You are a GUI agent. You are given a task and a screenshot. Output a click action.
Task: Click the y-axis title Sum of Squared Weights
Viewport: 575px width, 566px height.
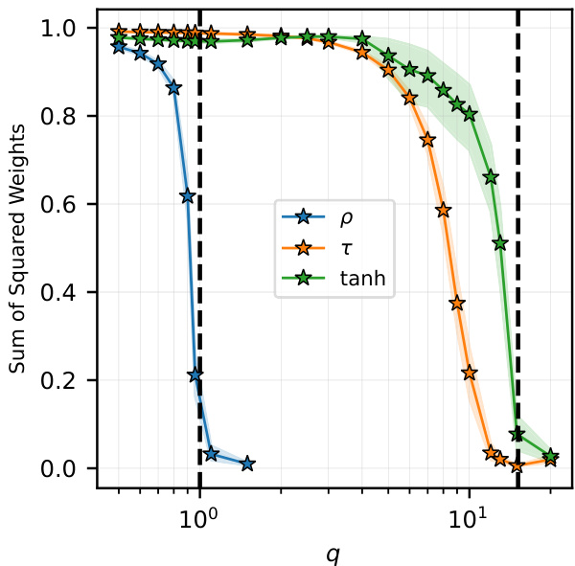tap(16, 248)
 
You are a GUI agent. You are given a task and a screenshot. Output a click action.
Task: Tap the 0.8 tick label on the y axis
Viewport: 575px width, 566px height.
tap(69, 117)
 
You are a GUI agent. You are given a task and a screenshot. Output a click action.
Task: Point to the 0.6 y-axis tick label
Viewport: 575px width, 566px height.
tap(69, 205)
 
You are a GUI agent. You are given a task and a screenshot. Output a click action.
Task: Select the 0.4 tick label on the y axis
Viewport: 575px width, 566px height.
tap(69, 292)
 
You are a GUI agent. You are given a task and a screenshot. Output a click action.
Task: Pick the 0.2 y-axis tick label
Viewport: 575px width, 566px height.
tap(69, 380)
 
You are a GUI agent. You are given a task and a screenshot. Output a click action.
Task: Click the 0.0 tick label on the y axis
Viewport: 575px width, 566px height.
tap(69, 468)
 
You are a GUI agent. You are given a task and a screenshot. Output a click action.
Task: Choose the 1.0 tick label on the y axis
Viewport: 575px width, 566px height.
tap(69, 29)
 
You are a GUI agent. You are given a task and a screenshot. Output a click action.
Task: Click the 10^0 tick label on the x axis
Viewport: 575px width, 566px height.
tap(199, 508)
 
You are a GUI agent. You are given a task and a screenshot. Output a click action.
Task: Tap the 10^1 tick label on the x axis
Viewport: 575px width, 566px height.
tap(469, 508)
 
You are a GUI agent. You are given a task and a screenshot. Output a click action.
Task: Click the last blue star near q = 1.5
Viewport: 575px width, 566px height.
tap(247, 464)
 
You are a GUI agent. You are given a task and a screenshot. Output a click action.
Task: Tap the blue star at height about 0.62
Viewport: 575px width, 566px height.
tap(188, 196)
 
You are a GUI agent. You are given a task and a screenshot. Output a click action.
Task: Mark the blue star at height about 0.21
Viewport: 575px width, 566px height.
tap(195, 375)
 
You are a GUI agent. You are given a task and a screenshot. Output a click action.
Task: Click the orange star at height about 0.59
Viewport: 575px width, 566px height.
tap(443, 210)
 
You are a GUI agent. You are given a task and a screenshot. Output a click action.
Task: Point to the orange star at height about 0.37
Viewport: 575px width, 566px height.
tap(457, 304)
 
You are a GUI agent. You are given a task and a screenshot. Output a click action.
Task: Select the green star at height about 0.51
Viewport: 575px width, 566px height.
tap(499, 243)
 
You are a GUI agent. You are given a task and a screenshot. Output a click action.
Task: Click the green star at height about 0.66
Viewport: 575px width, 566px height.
tap(491, 177)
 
